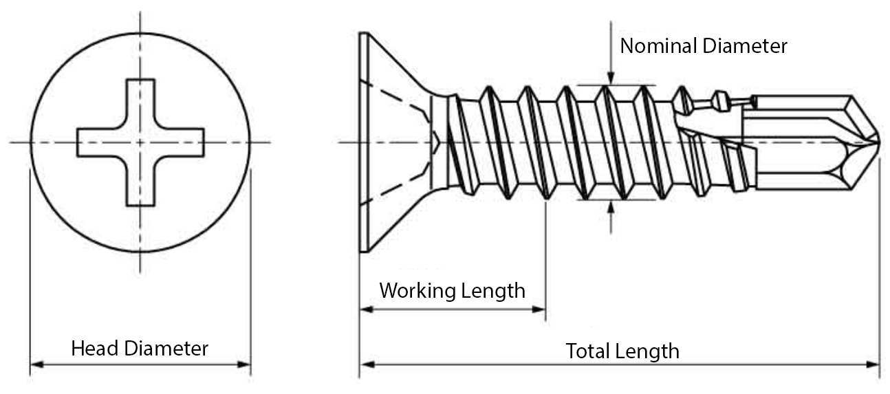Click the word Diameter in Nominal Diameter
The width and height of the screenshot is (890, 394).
[745, 46]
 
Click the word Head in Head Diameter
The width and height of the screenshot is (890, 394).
[94, 349]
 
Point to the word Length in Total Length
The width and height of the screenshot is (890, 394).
[647, 352]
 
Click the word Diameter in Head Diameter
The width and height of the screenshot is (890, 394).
[166, 349]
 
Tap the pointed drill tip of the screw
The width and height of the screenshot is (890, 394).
[878, 142]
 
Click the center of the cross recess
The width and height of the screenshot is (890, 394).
[140, 142]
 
